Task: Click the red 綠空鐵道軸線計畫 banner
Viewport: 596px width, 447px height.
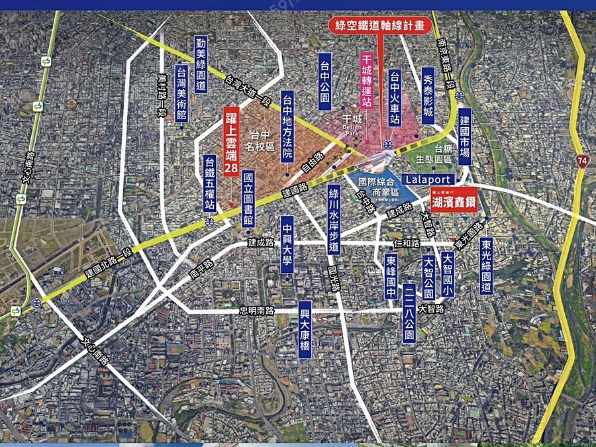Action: coord(381,26)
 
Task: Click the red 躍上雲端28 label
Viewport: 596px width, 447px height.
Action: coord(230,142)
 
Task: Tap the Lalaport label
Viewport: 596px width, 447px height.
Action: coord(428,179)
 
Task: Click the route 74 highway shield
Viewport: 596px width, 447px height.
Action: coord(581,161)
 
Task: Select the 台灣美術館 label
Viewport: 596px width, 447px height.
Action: coord(181,93)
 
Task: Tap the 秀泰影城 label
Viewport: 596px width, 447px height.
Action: coord(428,94)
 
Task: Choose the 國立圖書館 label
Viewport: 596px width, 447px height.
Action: coord(248,199)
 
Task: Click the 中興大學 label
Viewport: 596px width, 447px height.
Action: coord(286,240)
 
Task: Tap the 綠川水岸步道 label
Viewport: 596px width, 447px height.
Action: coord(334,219)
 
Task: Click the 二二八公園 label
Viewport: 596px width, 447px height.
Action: coord(409,314)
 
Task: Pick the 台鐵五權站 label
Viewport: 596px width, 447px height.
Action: coord(210,183)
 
